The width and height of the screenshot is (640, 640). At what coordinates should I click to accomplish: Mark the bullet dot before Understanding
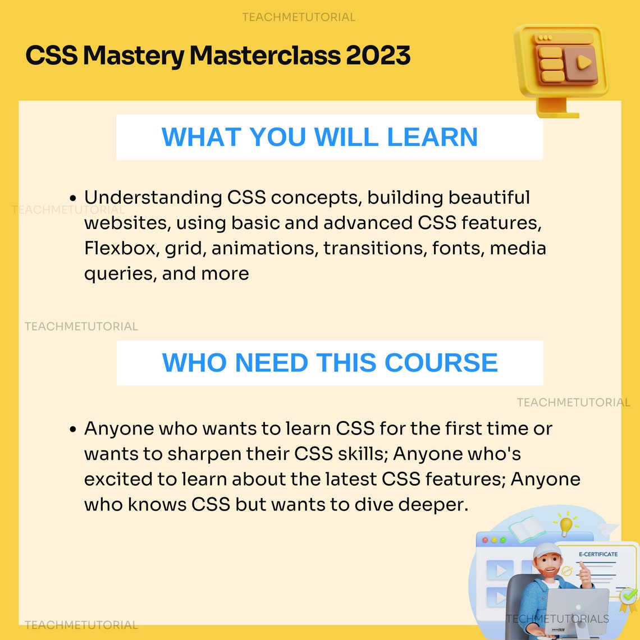pyautogui.click(x=73, y=198)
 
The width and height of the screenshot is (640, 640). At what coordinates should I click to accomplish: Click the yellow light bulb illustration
pyautogui.click(x=566, y=524)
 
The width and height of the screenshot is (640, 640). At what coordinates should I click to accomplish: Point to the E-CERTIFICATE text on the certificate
pyautogui.click(x=598, y=554)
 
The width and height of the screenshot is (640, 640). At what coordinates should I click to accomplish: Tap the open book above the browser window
pyautogui.click(x=526, y=528)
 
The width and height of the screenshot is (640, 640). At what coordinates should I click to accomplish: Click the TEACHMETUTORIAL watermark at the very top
pyautogui.click(x=299, y=17)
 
